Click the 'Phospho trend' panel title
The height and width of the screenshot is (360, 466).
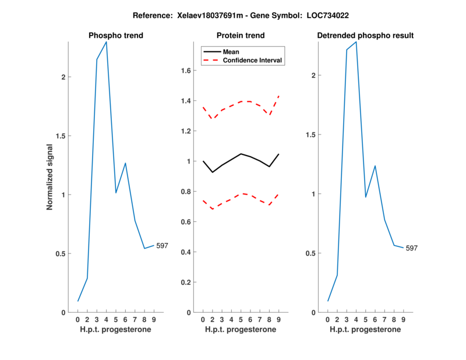116,36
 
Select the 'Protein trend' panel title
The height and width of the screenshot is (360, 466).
241,36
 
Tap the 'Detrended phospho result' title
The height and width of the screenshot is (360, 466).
365,36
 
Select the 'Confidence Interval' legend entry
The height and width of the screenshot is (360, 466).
252,60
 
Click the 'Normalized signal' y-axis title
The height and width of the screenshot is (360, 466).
50,177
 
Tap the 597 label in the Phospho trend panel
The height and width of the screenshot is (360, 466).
162,246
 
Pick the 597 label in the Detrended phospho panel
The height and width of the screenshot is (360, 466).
412,248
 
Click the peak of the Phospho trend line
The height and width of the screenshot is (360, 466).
106,42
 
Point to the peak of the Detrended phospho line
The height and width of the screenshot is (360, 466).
356,42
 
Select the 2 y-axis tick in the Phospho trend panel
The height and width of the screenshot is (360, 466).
63,77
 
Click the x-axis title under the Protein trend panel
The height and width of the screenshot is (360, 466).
241,330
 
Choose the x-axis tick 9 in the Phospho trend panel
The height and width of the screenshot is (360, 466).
154,320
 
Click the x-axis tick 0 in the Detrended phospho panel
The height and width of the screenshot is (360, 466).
327,320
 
